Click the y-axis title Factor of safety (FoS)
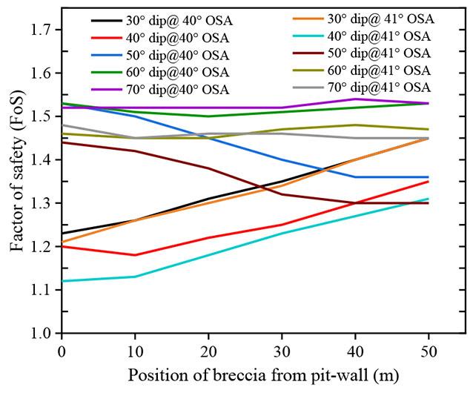click(16, 178)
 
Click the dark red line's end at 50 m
click(428, 203)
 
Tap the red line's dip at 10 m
click(134, 255)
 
